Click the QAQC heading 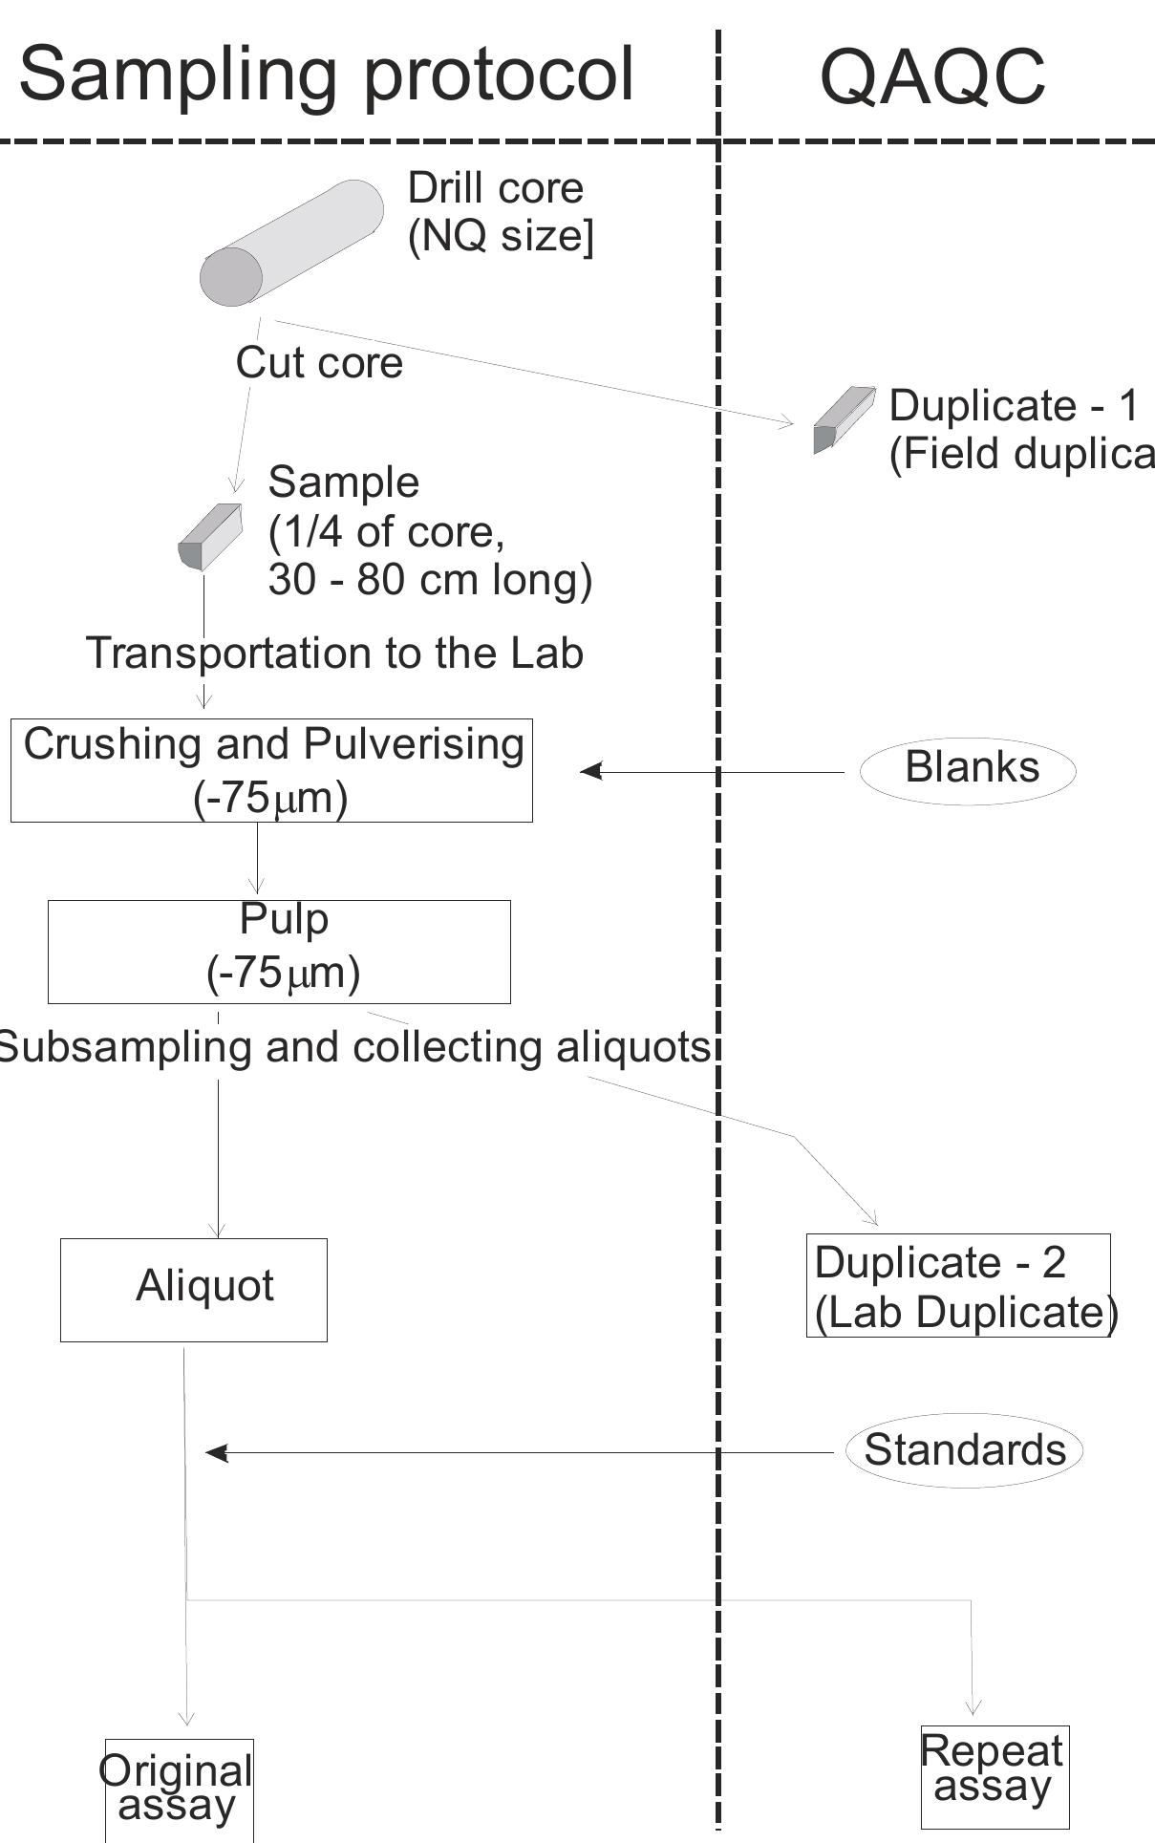click(932, 76)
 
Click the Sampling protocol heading click(327, 75)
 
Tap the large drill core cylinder click(291, 243)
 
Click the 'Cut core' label click(319, 363)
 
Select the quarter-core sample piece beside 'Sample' click(210, 538)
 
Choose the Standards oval click(964, 1450)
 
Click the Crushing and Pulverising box click(271, 770)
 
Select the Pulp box click(279, 952)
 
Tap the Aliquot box click(194, 1290)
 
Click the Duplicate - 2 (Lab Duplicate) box click(958, 1286)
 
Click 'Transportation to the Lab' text click(334, 654)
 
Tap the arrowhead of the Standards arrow click(217, 1452)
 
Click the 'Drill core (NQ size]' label click(500, 211)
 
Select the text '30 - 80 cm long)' click(430, 579)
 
